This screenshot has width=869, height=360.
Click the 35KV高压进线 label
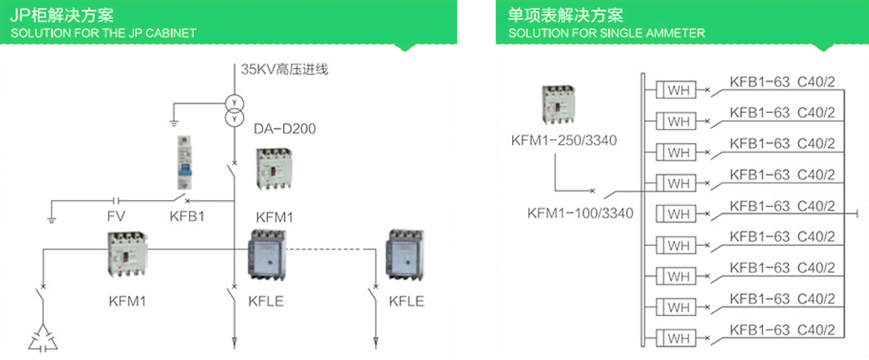(x=285, y=69)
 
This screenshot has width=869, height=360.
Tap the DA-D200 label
(x=285, y=128)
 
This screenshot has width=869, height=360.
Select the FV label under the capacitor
(x=116, y=216)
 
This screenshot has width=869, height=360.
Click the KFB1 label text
(x=187, y=216)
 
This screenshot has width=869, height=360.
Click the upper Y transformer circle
(x=234, y=102)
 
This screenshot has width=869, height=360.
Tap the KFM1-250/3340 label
(x=563, y=141)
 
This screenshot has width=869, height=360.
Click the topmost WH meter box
(x=678, y=90)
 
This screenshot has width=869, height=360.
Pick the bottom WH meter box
(x=678, y=339)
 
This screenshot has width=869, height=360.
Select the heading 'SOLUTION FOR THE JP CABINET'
(x=103, y=33)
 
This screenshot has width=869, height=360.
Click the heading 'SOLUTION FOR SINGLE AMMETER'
(x=607, y=33)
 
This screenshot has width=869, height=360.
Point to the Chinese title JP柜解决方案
(x=62, y=15)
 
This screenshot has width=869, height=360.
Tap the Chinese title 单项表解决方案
(x=566, y=15)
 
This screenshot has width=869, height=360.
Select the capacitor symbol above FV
(x=117, y=200)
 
